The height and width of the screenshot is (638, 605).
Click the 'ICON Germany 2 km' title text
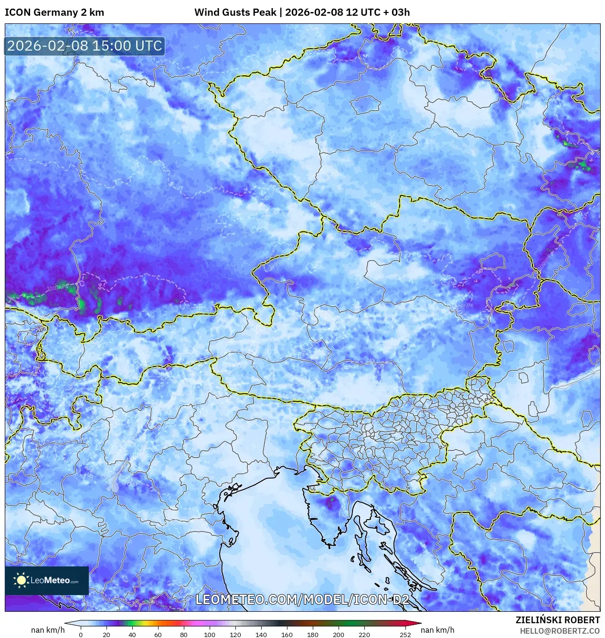point(54,12)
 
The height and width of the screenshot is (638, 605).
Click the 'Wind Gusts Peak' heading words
point(235,12)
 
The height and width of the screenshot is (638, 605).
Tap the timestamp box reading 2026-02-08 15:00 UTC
point(85,46)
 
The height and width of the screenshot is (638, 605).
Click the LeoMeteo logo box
point(47,580)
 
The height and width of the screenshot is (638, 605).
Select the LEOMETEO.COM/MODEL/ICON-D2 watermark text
point(302,599)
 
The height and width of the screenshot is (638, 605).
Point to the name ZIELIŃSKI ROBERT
point(557,620)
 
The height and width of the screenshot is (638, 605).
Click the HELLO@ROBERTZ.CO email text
point(560,631)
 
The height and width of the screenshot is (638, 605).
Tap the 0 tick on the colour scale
point(81,635)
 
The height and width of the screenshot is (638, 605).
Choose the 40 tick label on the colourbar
point(132,635)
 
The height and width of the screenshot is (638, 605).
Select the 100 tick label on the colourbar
point(210,635)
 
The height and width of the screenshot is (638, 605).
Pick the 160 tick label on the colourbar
point(287,635)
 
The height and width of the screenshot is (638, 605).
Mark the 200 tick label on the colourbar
point(339,635)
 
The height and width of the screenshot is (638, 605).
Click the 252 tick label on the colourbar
point(405,635)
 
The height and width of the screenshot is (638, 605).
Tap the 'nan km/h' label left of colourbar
point(48,630)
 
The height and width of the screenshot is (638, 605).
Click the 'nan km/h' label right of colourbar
point(437,630)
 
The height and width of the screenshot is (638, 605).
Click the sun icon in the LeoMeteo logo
point(21,580)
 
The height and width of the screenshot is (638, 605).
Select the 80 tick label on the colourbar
point(184,635)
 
